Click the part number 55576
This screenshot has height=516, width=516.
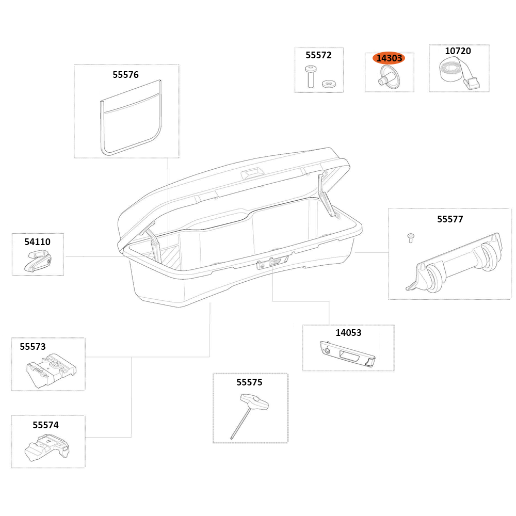click(x=125, y=75)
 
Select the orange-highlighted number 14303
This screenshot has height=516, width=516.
click(x=389, y=58)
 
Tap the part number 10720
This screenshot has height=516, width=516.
click(x=458, y=51)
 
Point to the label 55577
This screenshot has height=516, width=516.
click(x=450, y=219)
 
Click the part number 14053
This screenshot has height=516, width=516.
click(x=348, y=333)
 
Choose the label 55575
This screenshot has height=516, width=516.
click(x=249, y=382)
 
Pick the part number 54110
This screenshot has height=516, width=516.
click(x=37, y=242)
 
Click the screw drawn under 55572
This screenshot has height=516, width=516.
click(x=310, y=77)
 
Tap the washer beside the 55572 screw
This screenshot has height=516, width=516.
click(x=327, y=84)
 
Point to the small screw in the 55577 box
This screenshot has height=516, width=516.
click(x=410, y=238)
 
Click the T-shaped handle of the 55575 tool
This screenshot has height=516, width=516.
click(x=254, y=402)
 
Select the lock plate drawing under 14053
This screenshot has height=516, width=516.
click(x=347, y=354)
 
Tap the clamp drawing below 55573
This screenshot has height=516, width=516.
click(x=51, y=370)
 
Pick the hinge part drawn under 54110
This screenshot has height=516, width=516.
click(x=38, y=261)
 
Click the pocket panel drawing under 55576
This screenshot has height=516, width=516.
click(x=131, y=118)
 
